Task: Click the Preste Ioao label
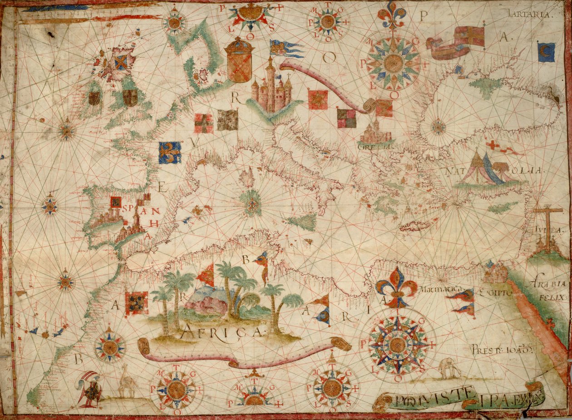click(x=499, y=350)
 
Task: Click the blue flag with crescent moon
click(x=546, y=52)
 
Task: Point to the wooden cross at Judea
click(x=547, y=227)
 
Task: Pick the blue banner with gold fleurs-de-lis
click(x=170, y=153)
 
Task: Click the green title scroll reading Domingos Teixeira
click(x=459, y=400)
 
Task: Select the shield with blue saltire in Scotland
click(x=120, y=63)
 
